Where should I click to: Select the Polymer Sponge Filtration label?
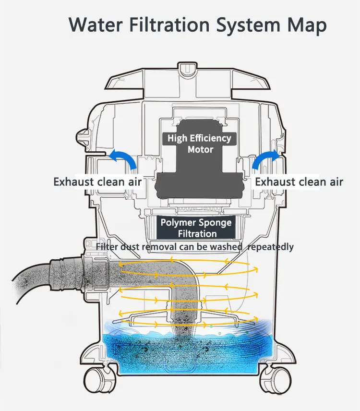click(196, 228)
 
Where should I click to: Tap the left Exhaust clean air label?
click(97, 182)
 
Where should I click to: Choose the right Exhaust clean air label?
click(299, 182)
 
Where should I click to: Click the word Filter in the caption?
click(107, 247)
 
